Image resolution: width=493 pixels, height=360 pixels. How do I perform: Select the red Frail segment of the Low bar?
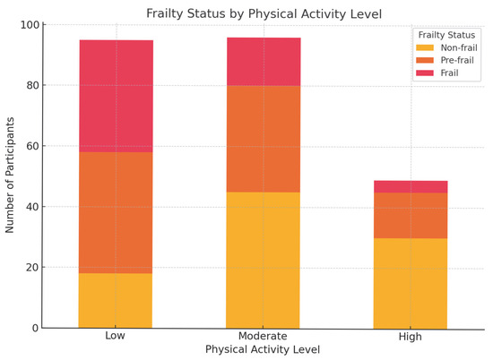[116, 96]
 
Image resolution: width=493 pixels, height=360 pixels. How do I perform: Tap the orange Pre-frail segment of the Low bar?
[116, 212]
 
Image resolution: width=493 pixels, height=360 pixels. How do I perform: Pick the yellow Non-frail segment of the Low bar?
[116, 300]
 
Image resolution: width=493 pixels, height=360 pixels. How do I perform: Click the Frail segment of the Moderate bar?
[264, 62]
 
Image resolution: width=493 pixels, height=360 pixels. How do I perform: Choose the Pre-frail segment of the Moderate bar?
[264, 139]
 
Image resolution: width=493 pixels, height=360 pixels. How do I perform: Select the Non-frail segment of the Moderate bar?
[264, 260]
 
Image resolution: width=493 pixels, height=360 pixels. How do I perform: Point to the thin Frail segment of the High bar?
[411, 187]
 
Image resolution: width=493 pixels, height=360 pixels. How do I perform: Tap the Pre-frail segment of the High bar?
[411, 215]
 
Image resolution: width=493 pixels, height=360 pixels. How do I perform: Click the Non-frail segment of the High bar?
[411, 283]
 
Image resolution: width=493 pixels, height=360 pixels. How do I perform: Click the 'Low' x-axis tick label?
[116, 336]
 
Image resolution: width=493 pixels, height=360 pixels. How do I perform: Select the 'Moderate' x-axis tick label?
[264, 336]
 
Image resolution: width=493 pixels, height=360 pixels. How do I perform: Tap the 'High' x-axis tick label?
[411, 337]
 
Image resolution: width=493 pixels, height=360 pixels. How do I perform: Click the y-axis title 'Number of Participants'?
[10, 176]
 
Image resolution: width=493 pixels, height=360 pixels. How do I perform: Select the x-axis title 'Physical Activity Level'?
[263, 349]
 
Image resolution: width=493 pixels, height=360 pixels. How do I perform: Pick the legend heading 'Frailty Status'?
[447, 34]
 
